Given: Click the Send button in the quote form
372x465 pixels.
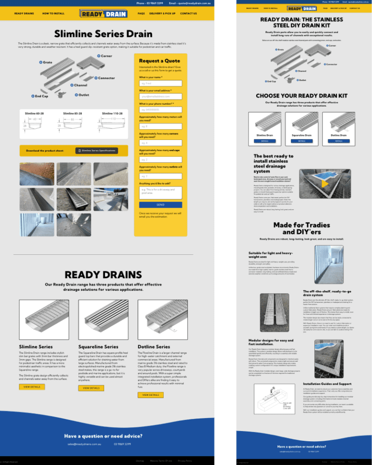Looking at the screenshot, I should click(x=160, y=204).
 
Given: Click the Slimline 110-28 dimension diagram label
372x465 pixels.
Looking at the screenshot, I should click(x=112, y=113).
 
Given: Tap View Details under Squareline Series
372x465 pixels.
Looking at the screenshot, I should click(x=91, y=388).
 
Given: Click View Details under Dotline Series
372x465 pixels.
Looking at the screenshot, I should click(x=150, y=395).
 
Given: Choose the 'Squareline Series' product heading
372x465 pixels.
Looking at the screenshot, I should click(x=98, y=347).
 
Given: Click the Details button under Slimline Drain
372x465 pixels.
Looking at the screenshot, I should click(x=264, y=141).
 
